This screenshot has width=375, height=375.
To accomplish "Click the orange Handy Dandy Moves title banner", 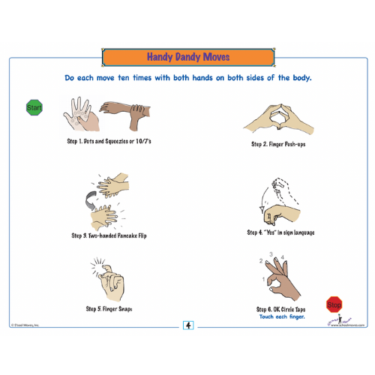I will [x=187, y=57].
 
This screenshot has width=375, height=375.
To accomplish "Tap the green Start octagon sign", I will [x=34, y=108].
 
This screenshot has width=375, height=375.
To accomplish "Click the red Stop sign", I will [x=334, y=304].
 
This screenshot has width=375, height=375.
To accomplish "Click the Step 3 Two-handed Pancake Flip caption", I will [x=109, y=235].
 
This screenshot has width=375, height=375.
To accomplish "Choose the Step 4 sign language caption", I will [x=280, y=232].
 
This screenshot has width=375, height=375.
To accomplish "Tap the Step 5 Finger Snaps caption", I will [x=109, y=308].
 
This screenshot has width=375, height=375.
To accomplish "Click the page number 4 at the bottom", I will [x=187, y=325].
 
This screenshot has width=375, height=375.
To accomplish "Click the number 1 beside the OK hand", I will [x=262, y=280].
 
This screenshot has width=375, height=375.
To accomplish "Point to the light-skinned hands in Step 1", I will [x=82, y=115].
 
